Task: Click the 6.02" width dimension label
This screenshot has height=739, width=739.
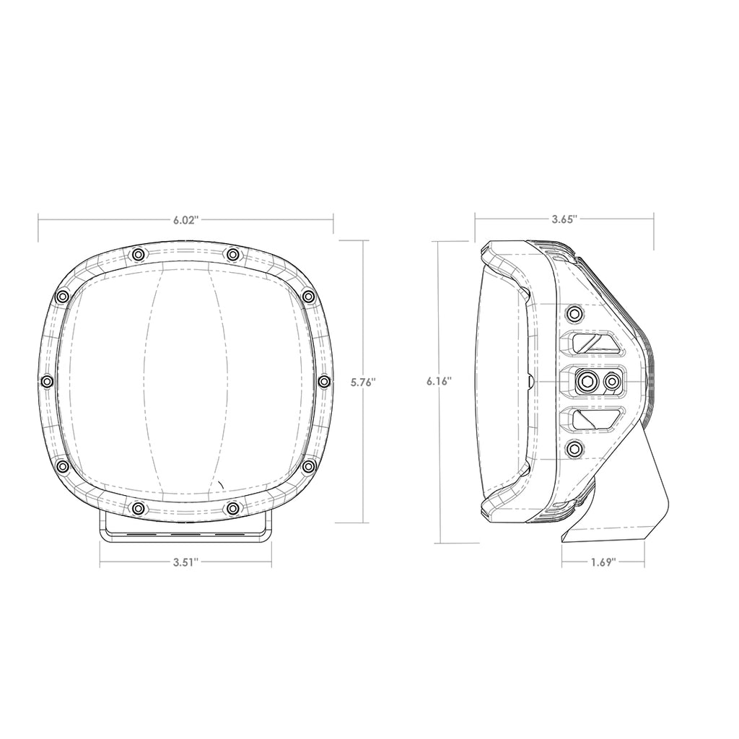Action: (185, 220)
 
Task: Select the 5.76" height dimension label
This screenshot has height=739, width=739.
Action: (363, 382)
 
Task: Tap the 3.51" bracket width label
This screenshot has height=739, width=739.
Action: (185, 564)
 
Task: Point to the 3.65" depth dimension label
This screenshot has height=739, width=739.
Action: (564, 220)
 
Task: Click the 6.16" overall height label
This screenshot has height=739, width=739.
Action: (439, 381)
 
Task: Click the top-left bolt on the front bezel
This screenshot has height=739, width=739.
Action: (137, 254)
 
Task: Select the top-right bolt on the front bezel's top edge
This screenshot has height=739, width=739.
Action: (232, 254)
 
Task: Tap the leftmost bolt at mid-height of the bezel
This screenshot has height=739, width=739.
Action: (48, 381)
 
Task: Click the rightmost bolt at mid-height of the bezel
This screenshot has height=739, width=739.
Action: (324, 381)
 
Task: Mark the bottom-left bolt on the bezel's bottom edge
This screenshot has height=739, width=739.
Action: (137, 509)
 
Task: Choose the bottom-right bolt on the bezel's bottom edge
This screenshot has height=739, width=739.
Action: (232, 509)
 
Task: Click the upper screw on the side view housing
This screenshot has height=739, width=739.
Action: (574, 313)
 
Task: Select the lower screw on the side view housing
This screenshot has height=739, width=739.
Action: (574, 449)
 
